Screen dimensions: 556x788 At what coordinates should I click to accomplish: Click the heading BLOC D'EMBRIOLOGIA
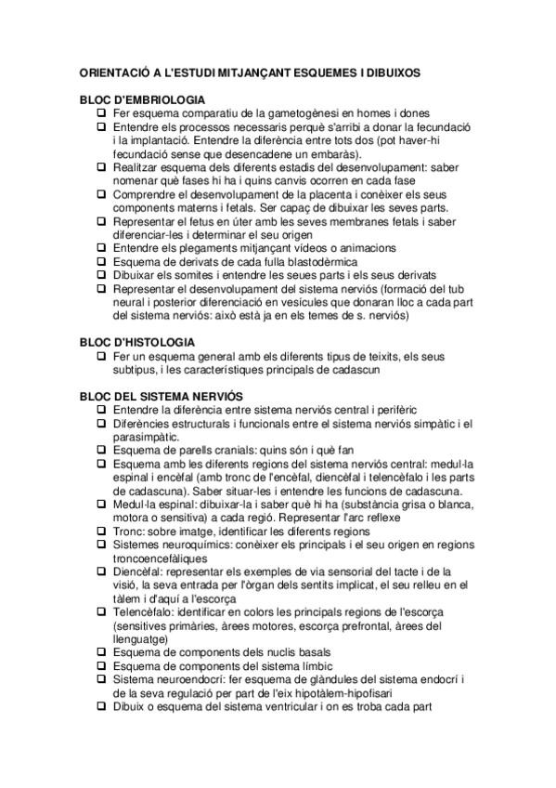(x=142, y=99)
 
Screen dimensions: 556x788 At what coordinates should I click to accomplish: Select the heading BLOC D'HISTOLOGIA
(x=136, y=343)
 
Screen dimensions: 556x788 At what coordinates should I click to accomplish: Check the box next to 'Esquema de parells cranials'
(x=102, y=450)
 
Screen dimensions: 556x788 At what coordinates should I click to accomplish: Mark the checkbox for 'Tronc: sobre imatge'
(x=102, y=532)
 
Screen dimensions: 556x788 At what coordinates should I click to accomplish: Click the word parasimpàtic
(x=147, y=437)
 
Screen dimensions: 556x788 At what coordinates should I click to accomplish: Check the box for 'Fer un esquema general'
(x=102, y=356)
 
